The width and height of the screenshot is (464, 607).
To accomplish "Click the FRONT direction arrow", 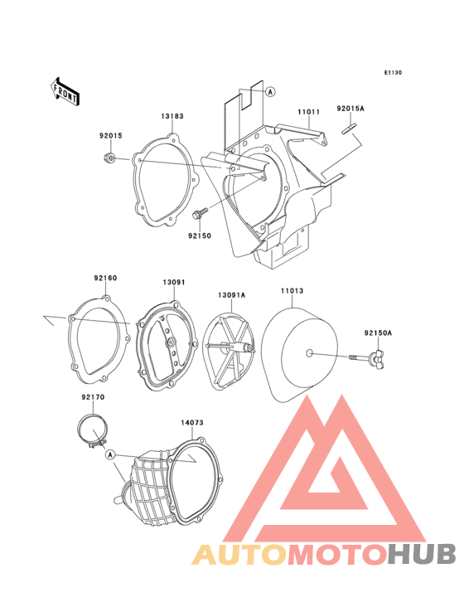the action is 65,92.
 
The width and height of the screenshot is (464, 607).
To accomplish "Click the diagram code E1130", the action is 393,72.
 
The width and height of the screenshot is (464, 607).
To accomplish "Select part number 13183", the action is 172,116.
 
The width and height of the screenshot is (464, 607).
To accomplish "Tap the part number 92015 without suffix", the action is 111,135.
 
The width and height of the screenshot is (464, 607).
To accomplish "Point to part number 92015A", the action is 350,109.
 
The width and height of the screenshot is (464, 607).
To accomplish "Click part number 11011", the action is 308,112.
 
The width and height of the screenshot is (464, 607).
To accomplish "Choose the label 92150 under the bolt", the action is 200,236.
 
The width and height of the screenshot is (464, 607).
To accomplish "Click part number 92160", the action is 105,278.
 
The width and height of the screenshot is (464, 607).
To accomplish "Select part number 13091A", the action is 232,295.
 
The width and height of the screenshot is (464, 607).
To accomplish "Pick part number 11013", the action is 292,291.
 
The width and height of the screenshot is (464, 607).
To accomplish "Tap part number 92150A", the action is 378,333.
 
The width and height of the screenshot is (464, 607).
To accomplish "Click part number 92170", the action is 93,397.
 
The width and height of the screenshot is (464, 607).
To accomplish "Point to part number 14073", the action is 192,423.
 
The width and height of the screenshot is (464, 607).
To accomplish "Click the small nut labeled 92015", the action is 109,158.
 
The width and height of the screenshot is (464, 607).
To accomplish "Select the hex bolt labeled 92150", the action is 199,213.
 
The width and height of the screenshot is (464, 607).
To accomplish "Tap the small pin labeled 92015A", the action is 348,129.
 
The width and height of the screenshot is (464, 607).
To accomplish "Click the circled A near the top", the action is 270,92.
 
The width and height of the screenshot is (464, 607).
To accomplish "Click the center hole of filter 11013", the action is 308,353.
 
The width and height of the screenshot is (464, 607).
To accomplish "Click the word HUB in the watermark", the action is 423,555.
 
